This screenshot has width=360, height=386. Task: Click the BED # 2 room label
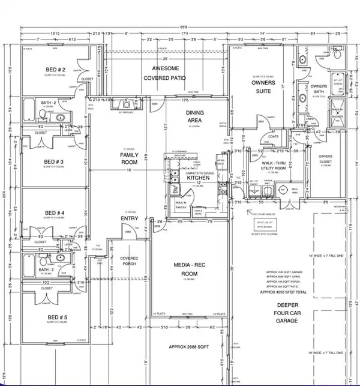coord(55,70)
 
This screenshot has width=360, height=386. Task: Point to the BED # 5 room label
coord(55,313)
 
